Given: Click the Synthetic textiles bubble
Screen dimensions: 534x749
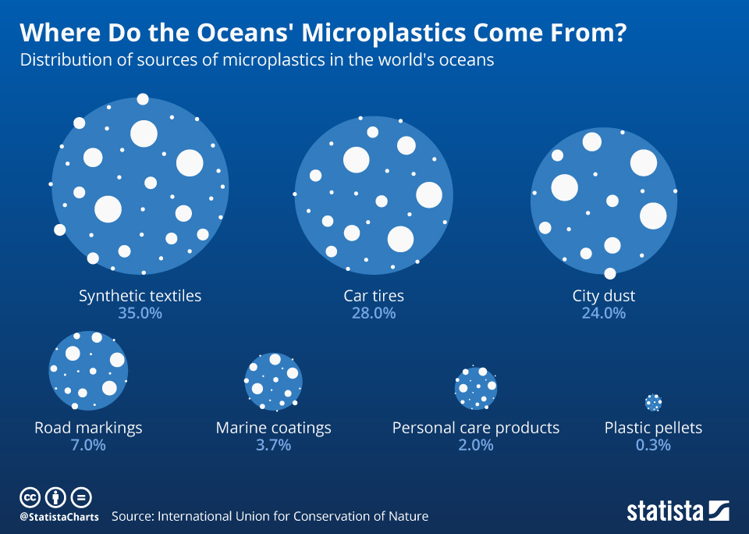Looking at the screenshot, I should coord(140,187).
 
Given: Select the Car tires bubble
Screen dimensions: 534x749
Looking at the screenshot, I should coord(373,195).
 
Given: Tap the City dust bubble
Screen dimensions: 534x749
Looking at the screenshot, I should coord(604,200).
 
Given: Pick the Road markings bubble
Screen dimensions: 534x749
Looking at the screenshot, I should coord(88,369).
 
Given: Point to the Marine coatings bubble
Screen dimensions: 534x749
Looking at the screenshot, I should coord(273,381).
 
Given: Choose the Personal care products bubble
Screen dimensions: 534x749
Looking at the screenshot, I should coord(475,387).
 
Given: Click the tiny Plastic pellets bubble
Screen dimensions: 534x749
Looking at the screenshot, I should coord(654,403).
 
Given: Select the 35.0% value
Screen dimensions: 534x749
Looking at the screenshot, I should coord(140,313).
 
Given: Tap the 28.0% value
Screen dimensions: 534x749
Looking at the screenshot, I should coord(374,313).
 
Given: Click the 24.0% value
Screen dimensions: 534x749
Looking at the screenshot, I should coord(604,313).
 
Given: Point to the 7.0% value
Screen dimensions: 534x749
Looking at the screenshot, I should coord(88,445).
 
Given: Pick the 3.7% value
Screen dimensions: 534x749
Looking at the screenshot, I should coord(273,445).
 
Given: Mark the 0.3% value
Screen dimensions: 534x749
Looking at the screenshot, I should coord(653,445).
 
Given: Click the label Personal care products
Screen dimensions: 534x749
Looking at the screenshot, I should coord(475,428).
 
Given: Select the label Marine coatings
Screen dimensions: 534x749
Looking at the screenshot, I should coord(273,428).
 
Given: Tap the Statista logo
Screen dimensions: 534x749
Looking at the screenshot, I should coord(677,511).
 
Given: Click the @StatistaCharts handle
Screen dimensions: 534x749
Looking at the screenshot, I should coord(59,517).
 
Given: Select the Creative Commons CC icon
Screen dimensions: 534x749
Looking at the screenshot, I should coord(30,497).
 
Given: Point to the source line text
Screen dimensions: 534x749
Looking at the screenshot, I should coord(270,516).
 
